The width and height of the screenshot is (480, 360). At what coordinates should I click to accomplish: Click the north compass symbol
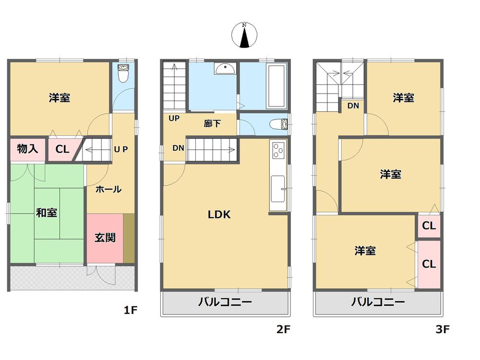[244, 36]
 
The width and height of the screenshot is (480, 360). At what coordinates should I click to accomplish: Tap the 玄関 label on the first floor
[105, 237]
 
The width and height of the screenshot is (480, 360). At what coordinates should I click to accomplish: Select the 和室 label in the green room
[46, 213]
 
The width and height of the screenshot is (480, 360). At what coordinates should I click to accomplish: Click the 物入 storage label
[27, 149]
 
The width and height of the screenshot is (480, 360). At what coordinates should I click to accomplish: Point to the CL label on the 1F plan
[62, 149]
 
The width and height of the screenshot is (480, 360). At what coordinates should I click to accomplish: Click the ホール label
[108, 190]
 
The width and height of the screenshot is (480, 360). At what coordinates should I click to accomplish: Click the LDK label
[219, 215]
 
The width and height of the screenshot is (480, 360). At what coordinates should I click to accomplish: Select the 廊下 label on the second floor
[212, 124]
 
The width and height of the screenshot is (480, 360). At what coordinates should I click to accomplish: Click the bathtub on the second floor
[276, 86]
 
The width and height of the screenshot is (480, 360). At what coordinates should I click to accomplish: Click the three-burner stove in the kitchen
[278, 151]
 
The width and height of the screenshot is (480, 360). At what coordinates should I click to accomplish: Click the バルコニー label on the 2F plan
[225, 302]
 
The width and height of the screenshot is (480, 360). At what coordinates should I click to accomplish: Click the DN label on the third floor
[353, 106]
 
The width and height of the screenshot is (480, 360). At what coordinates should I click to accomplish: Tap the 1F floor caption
[131, 310]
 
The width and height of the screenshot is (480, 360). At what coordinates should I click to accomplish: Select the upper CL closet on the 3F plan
[429, 226]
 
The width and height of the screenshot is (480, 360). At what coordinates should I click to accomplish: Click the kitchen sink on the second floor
[278, 189]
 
